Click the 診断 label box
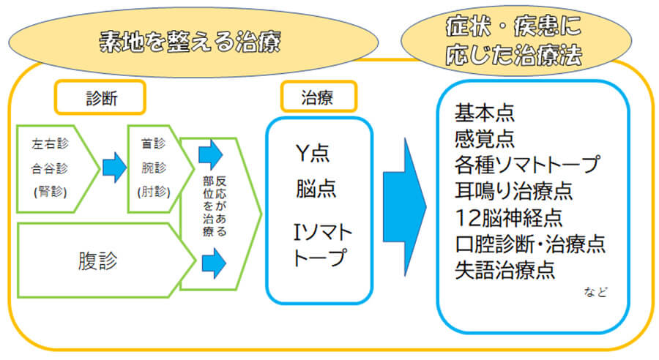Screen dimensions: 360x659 [100, 97]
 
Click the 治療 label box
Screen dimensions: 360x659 [319, 97]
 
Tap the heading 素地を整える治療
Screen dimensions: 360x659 [190, 42]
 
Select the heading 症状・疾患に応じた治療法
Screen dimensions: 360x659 [513, 40]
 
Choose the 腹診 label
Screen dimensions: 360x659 [97, 261]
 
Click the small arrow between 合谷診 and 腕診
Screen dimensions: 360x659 [114, 169]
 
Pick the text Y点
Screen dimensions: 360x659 [312, 154]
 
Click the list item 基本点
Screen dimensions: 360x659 [485, 113]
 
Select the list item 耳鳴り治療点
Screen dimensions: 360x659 [513, 192]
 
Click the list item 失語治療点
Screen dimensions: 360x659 [505, 270]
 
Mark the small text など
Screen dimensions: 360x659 [596, 291]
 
